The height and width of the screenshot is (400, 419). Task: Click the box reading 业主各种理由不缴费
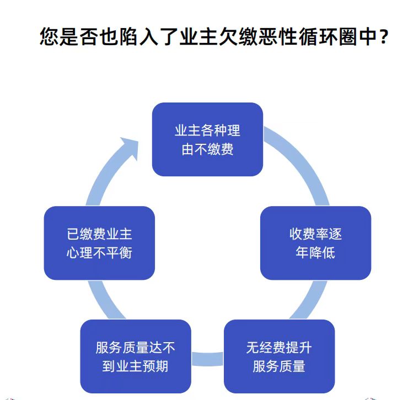[207, 139]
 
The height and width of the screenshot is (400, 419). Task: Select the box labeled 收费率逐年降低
[315, 242]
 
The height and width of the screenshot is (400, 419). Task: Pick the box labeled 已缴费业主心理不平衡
[99, 242]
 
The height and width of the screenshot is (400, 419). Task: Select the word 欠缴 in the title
[236, 37]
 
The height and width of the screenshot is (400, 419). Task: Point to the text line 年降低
[315, 253]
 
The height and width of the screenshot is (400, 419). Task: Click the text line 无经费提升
[279, 348]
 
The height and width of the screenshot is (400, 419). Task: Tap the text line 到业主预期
[135, 366]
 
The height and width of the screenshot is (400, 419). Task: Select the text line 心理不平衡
[99, 253]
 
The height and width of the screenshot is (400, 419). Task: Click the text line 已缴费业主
[99, 234]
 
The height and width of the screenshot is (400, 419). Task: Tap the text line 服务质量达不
[135, 348]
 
